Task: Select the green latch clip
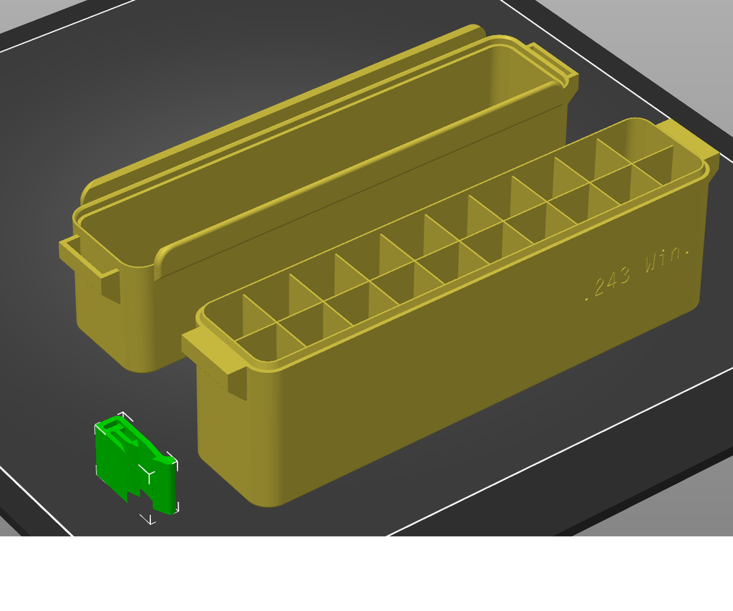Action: [x=136, y=465]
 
